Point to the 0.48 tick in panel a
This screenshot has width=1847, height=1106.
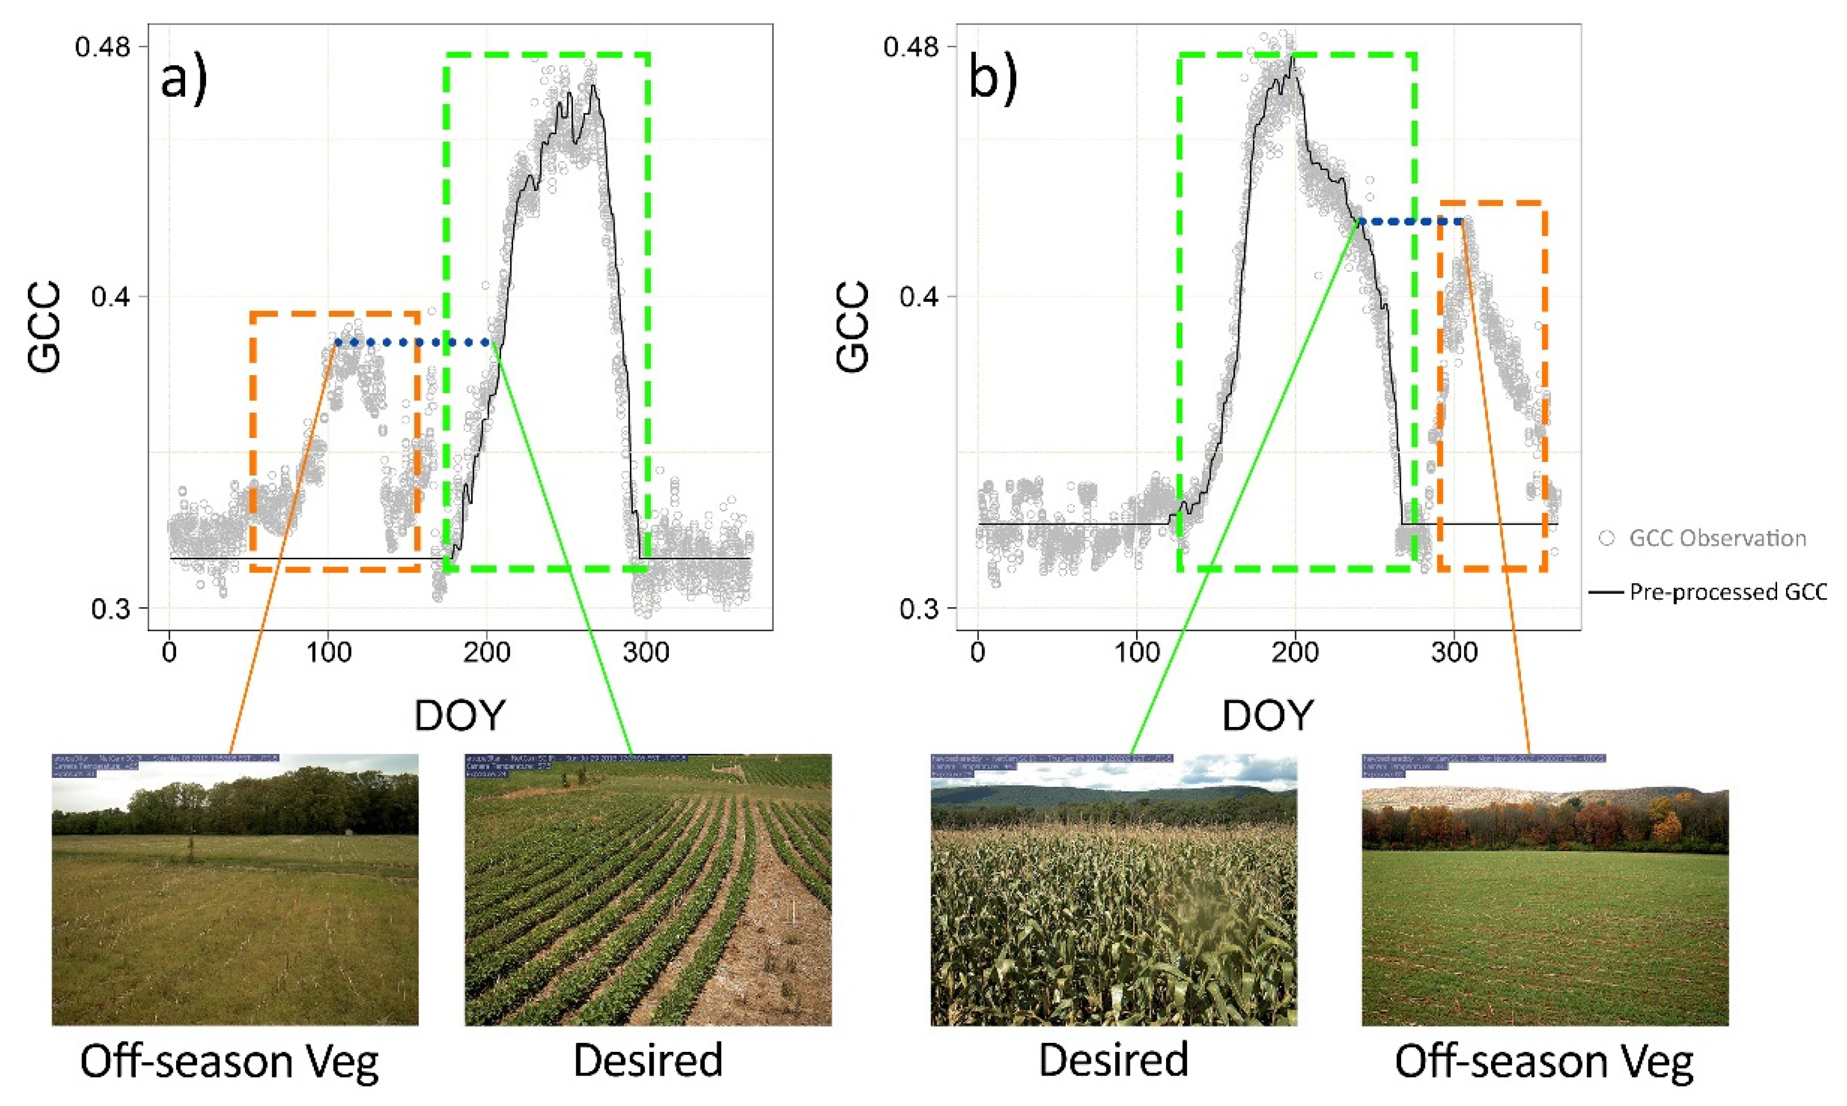[x=102, y=46]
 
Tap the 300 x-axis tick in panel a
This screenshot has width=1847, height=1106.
[x=646, y=653]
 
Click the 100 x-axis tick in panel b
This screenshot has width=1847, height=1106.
[x=1136, y=653]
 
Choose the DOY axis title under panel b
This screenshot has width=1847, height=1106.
[x=1267, y=716]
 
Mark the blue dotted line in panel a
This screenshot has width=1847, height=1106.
[x=414, y=343]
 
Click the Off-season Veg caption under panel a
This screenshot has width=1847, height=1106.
[x=230, y=1061]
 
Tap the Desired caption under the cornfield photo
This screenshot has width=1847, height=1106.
[x=1114, y=1060]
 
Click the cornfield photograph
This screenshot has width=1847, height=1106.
[x=1114, y=890]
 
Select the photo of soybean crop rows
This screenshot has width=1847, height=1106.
[x=648, y=890]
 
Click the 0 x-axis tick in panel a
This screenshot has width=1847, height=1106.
[x=169, y=653]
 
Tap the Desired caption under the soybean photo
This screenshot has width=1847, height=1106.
[x=648, y=1060]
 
